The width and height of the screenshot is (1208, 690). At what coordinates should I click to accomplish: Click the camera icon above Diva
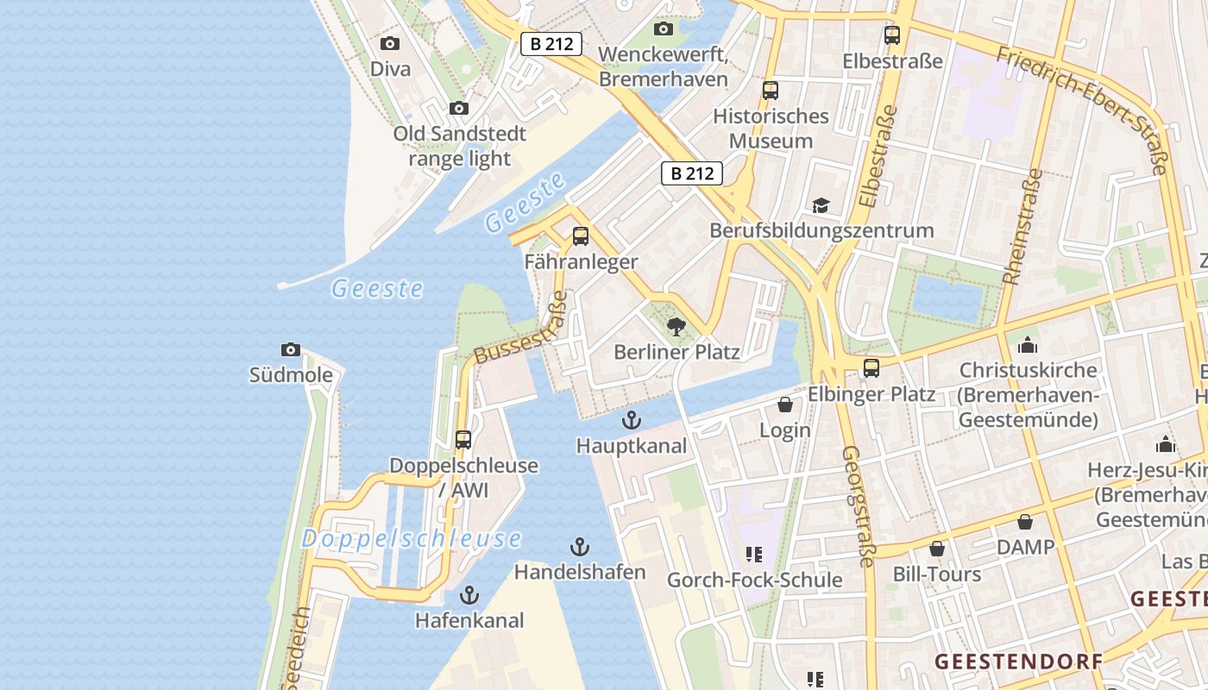pos(390,43)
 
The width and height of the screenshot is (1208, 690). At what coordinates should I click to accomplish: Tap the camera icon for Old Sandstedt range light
pos(459,108)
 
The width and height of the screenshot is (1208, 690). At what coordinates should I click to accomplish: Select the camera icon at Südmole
pos(291,349)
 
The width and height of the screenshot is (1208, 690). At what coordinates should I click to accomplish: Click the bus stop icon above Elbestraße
pos(892,35)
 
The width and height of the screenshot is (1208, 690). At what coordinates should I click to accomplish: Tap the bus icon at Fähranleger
pos(581,235)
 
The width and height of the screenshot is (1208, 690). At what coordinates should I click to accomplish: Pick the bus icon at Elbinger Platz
pos(871,368)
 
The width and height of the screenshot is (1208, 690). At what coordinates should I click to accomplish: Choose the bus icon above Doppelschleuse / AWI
pos(463,439)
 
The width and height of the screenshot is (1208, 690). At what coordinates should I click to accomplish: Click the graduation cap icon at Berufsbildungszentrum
pos(821,205)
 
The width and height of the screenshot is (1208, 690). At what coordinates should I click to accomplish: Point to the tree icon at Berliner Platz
pos(676,326)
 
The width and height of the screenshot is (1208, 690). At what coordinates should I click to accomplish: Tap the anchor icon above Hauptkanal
pos(632,420)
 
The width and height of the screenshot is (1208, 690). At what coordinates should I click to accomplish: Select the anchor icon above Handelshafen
pos(580,547)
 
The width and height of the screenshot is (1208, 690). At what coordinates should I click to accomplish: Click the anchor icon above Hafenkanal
pos(469,595)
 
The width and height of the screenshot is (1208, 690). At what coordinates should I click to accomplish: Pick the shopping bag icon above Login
pos(785,405)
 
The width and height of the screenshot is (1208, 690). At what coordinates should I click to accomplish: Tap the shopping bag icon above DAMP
pos(1025,522)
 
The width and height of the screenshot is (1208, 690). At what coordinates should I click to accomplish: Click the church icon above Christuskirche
pos(1028,345)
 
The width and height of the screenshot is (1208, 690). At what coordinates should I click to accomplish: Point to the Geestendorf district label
pos(1018,662)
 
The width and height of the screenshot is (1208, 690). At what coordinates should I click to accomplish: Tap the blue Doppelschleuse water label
pos(411,540)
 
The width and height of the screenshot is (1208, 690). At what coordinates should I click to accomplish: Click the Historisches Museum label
pos(771,129)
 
